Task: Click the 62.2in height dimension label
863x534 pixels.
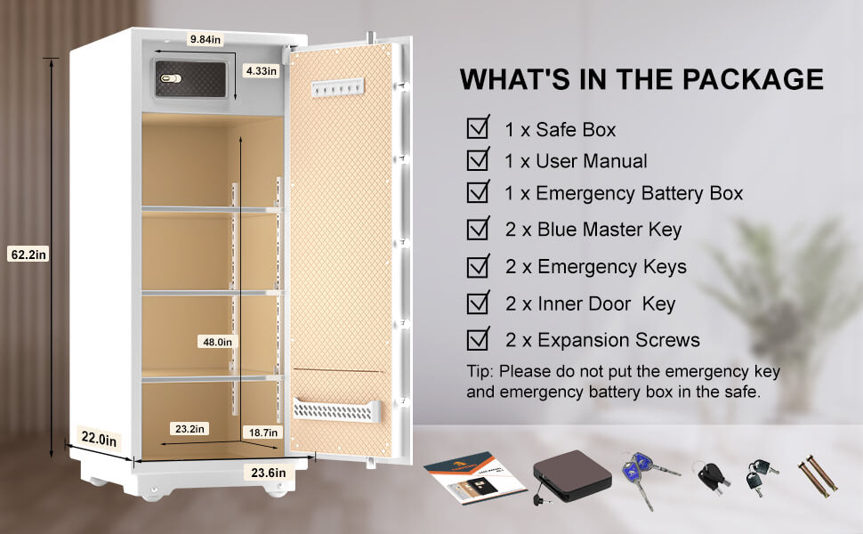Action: click(28, 255)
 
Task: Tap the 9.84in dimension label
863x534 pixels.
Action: click(205, 39)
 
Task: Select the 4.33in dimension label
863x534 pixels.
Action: click(261, 71)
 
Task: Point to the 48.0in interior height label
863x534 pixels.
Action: click(217, 342)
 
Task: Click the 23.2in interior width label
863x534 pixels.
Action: click(190, 429)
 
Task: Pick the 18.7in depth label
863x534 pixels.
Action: click(263, 433)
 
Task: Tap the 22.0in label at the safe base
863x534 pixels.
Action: click(99, 439)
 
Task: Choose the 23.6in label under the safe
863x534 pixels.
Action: click(269, 473)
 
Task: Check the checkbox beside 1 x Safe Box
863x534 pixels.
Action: click(479, 127)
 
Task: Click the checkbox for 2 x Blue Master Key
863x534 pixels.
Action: click(479, 228)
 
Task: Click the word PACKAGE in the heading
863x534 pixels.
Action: click(753, 78)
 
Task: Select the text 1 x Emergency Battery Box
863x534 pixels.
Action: click(624, 193)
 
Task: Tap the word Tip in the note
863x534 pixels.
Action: click(480, 372)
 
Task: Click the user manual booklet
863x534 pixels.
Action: click(474, 477)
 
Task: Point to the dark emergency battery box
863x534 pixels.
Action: click(571, 475)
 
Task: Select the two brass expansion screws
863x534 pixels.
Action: click(818, 476)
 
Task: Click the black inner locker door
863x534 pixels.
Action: click(190, 78)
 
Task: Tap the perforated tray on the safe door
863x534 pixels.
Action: click(337, 410)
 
